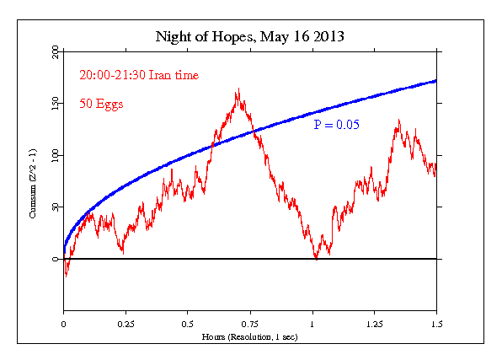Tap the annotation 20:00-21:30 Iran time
coord(140,75)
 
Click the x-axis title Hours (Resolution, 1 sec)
coord(250,336)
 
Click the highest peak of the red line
coord(239,89)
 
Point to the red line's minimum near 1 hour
coord(316,258)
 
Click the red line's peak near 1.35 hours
coord(398,121)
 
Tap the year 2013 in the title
coord(329,37)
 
